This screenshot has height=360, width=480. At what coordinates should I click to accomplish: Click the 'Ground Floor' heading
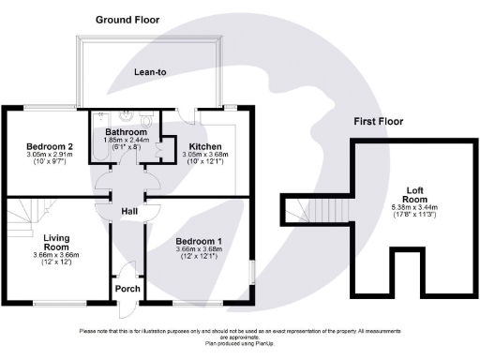click(x=135, y=19)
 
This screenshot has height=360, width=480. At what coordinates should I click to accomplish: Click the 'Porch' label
click(x=127, y=288)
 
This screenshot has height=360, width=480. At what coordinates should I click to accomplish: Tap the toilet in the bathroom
click(x=144, y=122)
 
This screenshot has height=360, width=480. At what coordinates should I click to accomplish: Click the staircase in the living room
click(x=20, y=220)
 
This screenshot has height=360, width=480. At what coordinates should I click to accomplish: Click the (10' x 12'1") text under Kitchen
click(x=205, y=164)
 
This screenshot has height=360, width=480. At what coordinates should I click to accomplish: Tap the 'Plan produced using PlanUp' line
click(x=240, y=343)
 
